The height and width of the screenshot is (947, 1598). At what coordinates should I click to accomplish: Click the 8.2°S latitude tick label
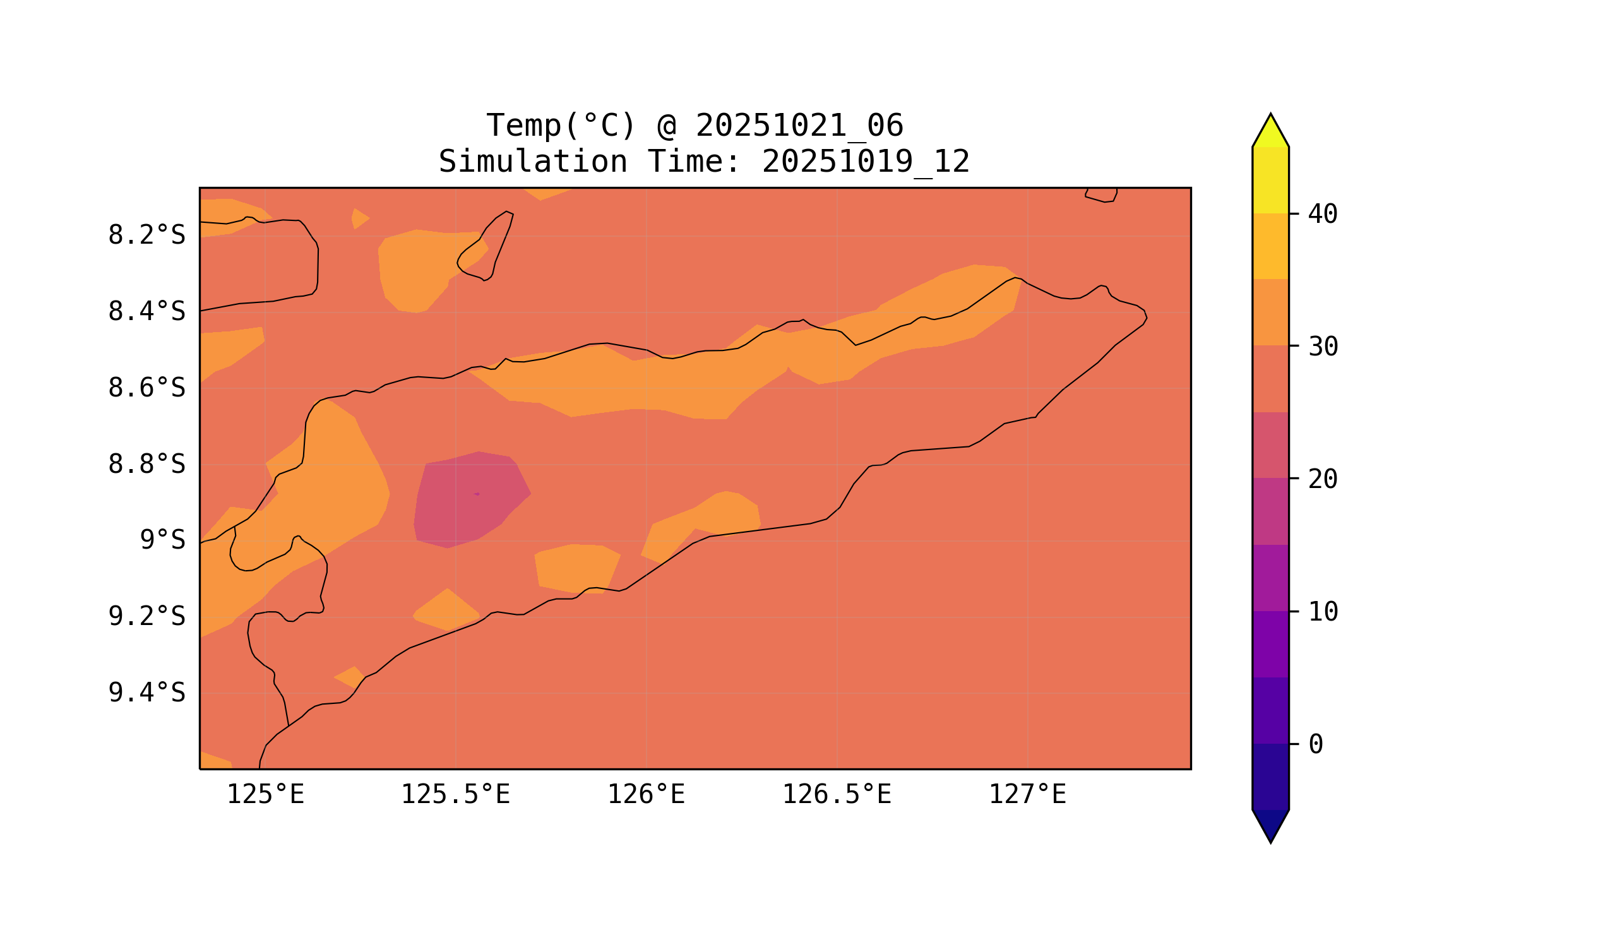coord(146,235)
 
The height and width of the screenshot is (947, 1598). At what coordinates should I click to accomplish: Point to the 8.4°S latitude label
coord(146,312)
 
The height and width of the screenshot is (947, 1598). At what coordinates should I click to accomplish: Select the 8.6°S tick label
coord(146,388)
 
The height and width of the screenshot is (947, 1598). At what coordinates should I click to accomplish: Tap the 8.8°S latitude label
coord(146,465)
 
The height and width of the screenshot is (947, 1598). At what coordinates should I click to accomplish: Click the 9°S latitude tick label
coord(162,540)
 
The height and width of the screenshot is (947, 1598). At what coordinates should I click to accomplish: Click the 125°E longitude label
coord(265,795)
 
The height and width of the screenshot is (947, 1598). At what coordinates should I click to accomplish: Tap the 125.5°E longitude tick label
coord(455,795)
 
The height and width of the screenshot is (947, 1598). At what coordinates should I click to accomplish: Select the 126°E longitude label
coord(646,795)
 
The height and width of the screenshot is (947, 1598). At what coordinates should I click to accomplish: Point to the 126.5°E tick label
coord(836,795)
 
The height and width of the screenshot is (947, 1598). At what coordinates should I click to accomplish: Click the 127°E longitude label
coord(1027,795)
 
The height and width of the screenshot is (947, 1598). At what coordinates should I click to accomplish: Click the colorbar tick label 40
coord(1323,215)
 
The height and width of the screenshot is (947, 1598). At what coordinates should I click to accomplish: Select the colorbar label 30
coord(1323,347)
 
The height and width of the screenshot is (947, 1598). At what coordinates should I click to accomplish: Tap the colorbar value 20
coord(1323,479)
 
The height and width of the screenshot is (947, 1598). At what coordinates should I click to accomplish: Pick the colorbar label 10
coord(1323,612)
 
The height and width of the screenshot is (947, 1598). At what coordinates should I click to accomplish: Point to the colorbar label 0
coord(1316,744)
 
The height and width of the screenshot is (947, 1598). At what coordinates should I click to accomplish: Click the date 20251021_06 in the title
coord(799,126)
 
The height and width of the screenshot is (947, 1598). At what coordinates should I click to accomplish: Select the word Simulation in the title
coord(533,162)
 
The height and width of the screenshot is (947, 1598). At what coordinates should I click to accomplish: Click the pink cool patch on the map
coord(469,501)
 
